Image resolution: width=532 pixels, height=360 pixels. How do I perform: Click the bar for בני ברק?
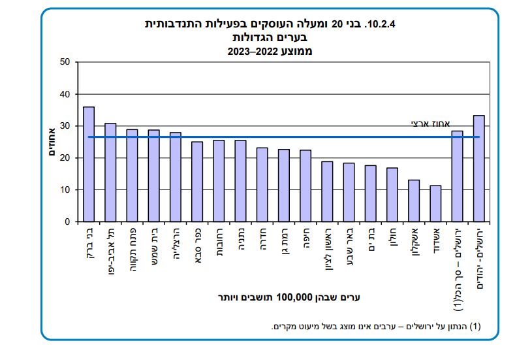(x=89, y=164)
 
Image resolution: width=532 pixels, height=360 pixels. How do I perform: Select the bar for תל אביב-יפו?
(x=110, y=172)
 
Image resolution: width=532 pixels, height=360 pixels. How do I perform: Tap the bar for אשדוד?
(x=435, y=203)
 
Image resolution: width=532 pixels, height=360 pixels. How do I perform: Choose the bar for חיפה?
(x=305, y=186)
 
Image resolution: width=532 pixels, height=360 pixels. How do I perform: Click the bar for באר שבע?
(x=349, y=192)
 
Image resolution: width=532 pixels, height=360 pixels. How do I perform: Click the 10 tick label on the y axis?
(x=64, y=190)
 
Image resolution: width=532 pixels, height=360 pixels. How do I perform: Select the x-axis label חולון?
(x=392, y=242)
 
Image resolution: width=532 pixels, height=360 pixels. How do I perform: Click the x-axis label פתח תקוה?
(x=133, y=249)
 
